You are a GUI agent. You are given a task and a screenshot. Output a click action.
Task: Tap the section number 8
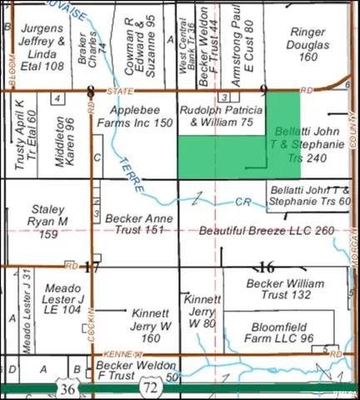click(x=90, y=90)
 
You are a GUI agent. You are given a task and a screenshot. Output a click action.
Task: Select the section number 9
click(x=263, y=90)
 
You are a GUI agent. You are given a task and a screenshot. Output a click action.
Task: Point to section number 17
click(x=92, y=267)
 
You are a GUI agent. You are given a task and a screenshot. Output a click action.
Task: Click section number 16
click(x=267, y=267)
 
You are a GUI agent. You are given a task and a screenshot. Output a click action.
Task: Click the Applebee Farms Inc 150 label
click(x=140, y=116)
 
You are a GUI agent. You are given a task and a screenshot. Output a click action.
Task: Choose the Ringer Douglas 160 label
click(x=308, y=44)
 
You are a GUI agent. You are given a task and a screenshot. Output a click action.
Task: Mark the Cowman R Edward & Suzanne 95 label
click(x=139, y=44)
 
